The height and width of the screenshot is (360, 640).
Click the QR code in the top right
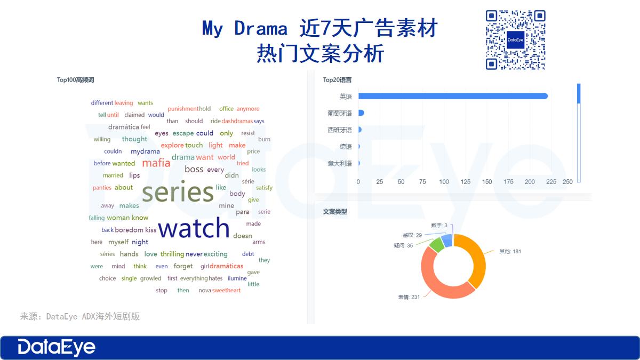pyautogui.click(x=515, y=40)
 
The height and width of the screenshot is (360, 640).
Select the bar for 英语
pyautogui.click(x=453, y=96)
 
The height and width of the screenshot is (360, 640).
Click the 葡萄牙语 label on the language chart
pyautogui.click(x=340, y=114)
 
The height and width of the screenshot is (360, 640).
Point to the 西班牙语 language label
pyautogui.click(x=340, y=130)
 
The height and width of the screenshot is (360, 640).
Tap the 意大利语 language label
pyautogui.click(x=340, y=164)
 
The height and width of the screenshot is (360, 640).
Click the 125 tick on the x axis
pyautogui.click(x=466, y=182)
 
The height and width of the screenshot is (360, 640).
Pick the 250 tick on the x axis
pyautogui.click(x=567, y=182)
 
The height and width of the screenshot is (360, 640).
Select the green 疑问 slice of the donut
pyautogui.click(x=436, y=245)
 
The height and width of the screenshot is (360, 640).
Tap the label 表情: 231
pyautogui.click(x=409, y=297)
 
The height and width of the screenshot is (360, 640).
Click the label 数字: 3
pyautogui.click(x=438, y=226)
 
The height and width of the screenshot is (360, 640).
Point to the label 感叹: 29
pyautogui.click(x=412, y=235)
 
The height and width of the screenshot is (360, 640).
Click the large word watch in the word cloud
pyautogui.click(x=194, y=228)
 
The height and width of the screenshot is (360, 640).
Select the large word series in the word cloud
pyautogui.click(x=178, y=193)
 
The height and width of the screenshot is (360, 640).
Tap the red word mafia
pyautogui.click(x=156, y=163)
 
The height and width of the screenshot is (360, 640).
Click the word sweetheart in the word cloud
pyautogui.click(x=227, y=291)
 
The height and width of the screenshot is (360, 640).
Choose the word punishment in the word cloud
pyautogui.click(x=183, y=109)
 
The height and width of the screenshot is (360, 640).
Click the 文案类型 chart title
pyautogui.click(x=335, y=212)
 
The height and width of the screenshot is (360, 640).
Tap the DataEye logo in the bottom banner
pyautogui.click(x=57, y=347)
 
